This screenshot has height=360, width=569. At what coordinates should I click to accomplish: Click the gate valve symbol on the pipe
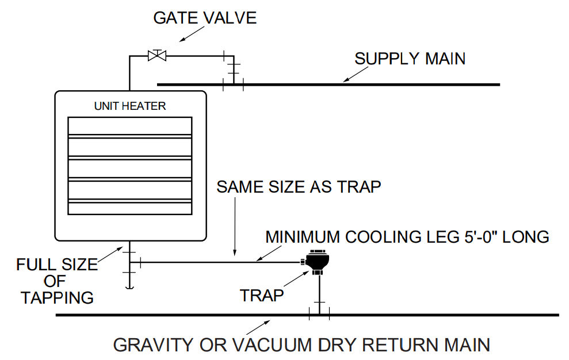pos(156,55)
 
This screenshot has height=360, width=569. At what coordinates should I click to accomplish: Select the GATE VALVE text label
pos(205,18)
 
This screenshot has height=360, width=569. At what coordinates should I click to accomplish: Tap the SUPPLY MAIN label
pos(410,59)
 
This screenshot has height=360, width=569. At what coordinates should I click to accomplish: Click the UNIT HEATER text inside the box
pos(129,106)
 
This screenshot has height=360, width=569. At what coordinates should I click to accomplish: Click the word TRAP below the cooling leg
pos(262,296)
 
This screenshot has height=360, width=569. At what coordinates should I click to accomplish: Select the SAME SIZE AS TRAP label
pos(299,187)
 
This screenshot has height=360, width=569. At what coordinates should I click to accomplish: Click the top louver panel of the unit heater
pos(129,126)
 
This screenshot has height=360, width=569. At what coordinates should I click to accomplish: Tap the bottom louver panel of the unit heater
pos(129,208)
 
